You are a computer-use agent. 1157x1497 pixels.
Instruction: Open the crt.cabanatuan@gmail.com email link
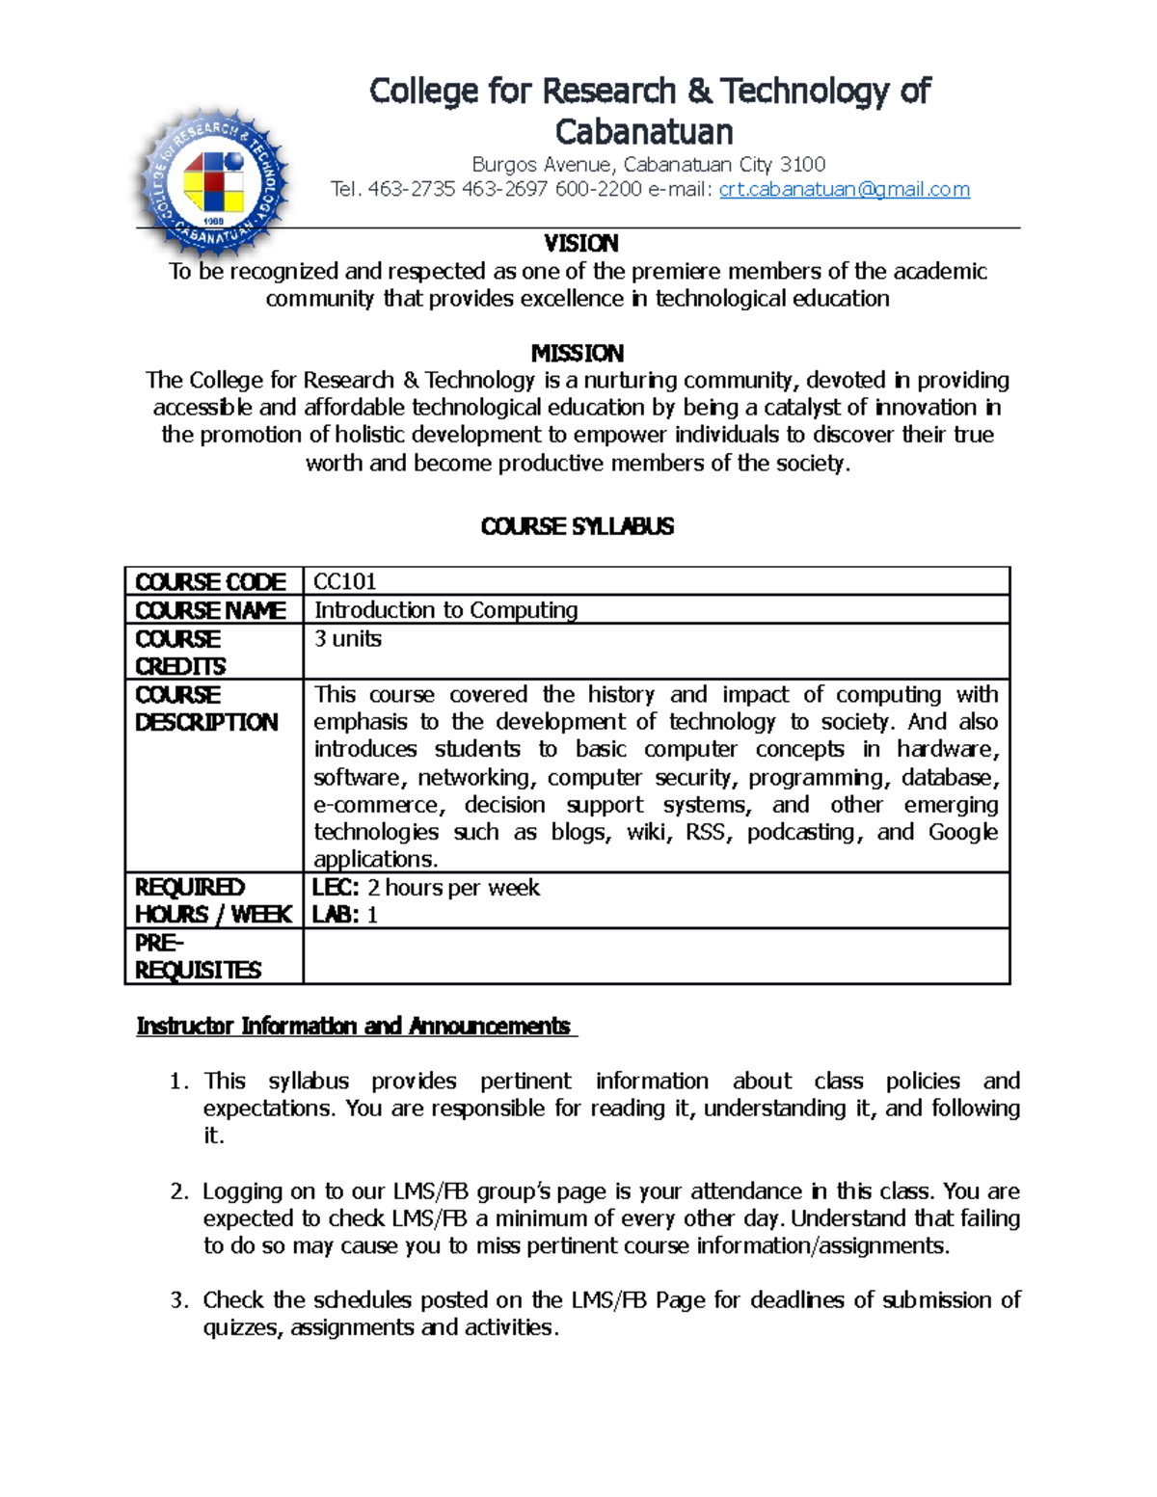[844, 190]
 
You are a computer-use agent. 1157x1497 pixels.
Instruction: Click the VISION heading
[580, 243]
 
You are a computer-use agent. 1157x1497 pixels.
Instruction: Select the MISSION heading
[578, 353]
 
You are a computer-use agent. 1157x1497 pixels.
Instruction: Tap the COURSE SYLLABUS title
[577, 526]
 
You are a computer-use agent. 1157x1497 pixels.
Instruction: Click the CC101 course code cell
[345, 581]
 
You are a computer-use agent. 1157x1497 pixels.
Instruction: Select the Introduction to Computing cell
[445, 610]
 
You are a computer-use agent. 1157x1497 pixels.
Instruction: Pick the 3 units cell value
[347, 639]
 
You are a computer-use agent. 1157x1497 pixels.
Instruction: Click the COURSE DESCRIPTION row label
[205, 708]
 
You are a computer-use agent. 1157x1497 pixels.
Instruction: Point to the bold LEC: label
[336, 888]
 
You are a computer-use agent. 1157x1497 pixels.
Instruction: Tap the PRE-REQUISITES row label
[198, 956]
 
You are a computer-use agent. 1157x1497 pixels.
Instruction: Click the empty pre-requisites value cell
[656, 956]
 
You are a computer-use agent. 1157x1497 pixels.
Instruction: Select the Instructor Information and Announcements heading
[354, 1026]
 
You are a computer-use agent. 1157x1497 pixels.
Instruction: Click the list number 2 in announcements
[178, 1191]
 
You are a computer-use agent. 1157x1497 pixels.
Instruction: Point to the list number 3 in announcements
[178, 1300]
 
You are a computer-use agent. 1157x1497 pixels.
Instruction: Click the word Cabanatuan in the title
[644, 132]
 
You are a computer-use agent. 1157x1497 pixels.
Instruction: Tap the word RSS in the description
[705, 833]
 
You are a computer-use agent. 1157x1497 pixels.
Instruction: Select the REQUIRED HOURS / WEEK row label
[212, 901]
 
